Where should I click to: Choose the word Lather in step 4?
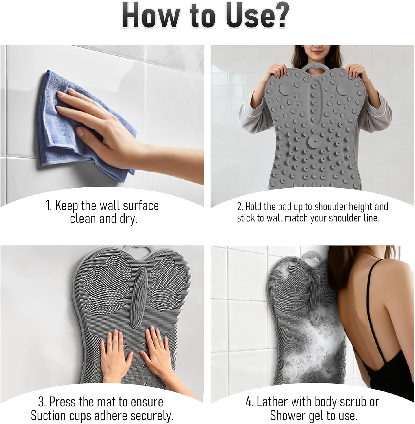(271, 402)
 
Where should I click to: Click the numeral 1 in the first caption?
(48, 206)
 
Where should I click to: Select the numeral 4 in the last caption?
(249, 402)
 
